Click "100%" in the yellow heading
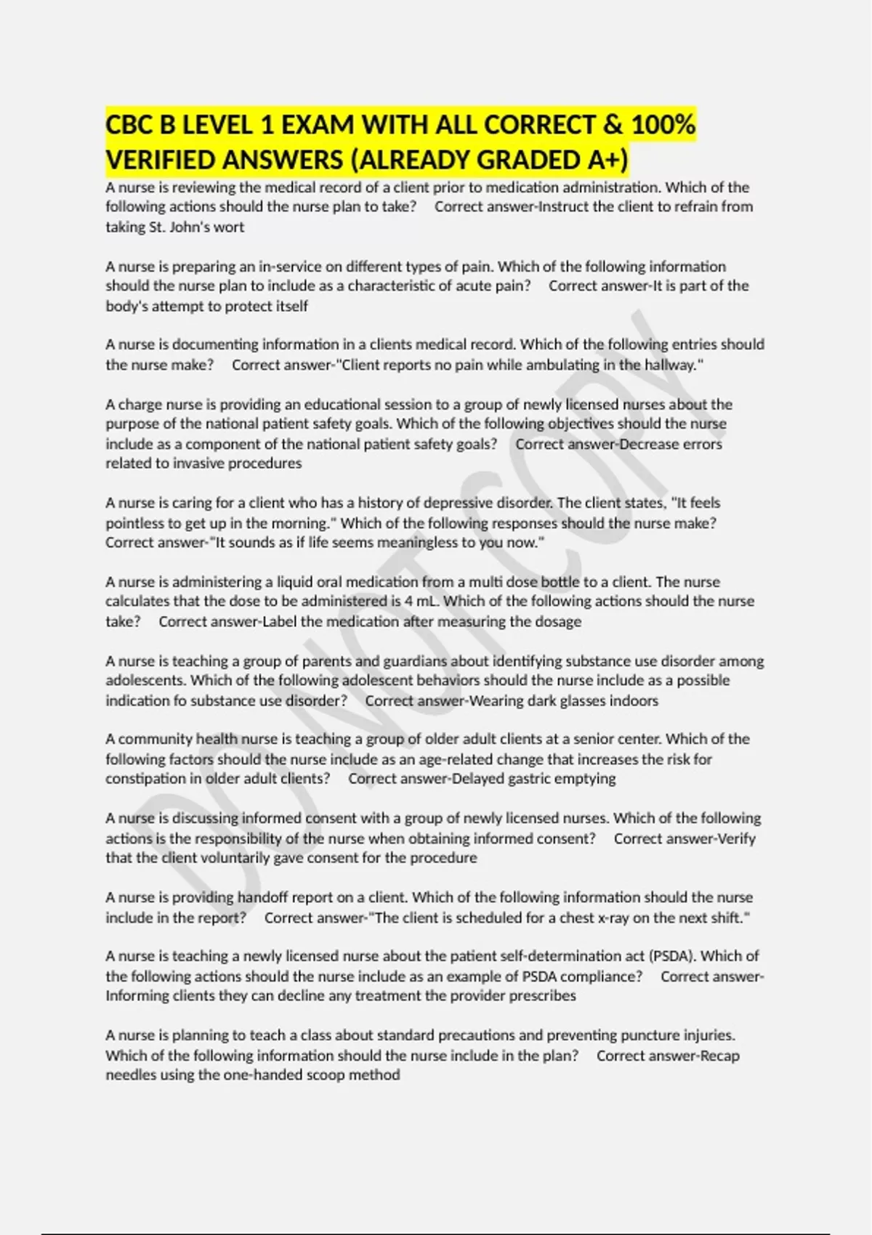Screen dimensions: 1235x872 [x=663, y=125]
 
